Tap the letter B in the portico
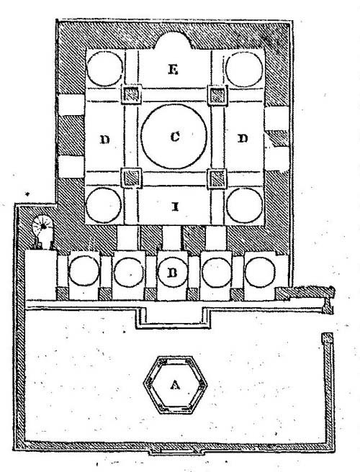pos(172,273)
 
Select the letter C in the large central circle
pos(175,137)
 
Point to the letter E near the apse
pos(173,70)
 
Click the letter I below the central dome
pos(175,206)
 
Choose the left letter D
pos(105,140)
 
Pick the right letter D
pos(243,138)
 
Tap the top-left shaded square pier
pos(131,94)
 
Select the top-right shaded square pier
pos(217,95)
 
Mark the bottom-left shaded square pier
pos(131,178)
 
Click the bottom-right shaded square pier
pos(217,178)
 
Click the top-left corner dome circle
pos(105,69)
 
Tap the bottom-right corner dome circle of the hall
pos(244,206)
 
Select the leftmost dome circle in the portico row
pos(84,271)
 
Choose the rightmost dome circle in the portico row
pos(260,273)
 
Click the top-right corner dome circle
pos(244,70)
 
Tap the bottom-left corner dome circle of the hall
pos(104,205)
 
